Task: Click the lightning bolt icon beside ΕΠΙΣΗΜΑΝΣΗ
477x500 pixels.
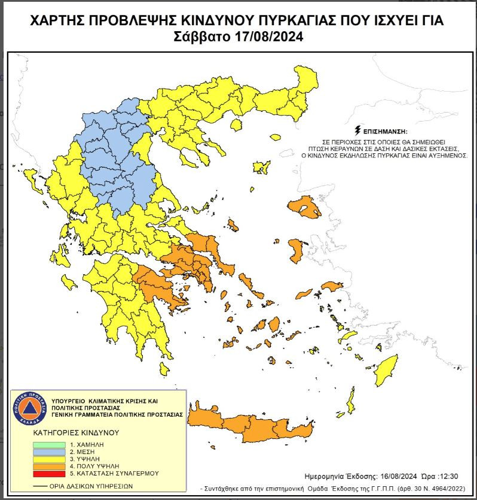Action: (357, 129)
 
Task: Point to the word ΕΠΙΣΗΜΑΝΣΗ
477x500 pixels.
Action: (385, 130)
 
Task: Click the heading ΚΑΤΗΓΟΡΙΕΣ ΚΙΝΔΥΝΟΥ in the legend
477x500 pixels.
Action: (76, 432)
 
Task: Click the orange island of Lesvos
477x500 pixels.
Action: (304, 208)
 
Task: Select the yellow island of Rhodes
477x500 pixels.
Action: (389, 368)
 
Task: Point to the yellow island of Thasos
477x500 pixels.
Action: (236, 125)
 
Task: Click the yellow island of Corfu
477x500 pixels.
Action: (32, 180)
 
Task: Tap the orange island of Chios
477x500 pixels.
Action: (296, 250)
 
